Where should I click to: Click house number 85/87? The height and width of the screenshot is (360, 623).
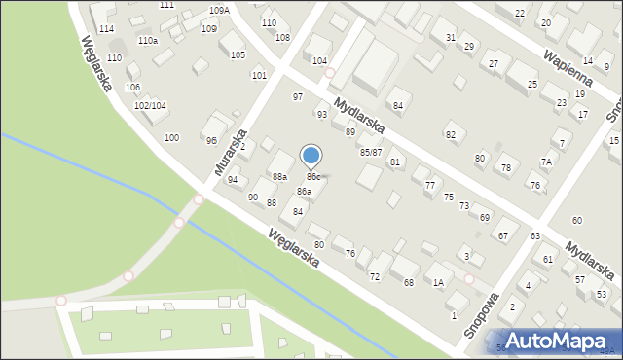[x=370, y=152]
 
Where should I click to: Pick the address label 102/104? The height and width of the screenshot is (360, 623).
[x=149, y=105]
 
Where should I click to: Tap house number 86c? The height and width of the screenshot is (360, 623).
[x=314, y=176]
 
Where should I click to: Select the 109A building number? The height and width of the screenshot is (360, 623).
[x=219, y=10]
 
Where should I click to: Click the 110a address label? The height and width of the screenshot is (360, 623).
[x=147, y=41]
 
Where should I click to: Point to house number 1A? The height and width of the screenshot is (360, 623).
[x=438, y=282]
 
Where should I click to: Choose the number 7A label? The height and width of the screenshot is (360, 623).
[x=546, y=162]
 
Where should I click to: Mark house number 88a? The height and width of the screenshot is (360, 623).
[x=279, y=176]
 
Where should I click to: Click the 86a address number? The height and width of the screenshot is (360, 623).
[x=304, y=192]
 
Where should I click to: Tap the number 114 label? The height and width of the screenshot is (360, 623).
[x=106, y=29]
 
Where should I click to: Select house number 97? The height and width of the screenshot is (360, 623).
[x=298, y=97]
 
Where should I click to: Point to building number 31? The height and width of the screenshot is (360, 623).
[x=450, y=37]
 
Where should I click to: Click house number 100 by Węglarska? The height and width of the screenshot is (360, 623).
[x=171, y=138]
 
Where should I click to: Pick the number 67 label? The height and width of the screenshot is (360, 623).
[x=503, y=235]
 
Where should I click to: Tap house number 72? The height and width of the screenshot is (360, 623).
[x=374, y=277]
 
